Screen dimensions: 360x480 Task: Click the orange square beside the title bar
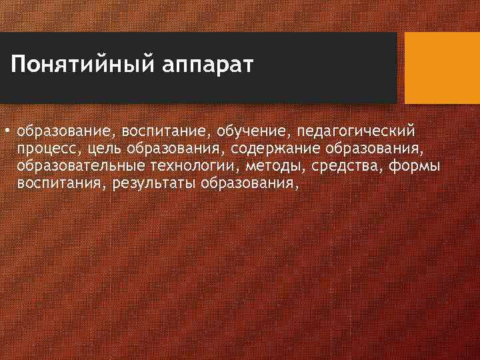[x=442, y=68]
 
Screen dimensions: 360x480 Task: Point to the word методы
[x=273, y=165]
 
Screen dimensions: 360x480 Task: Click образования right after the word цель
[x=176, y=147]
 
